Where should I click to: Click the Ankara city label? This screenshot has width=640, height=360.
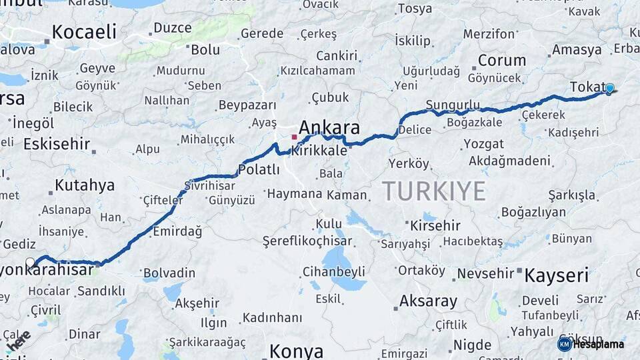(329, 127)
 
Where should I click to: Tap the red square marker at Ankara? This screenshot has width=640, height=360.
(294, 137)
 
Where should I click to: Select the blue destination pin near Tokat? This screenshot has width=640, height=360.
(609, 88)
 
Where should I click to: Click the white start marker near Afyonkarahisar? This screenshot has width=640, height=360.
(30, 262)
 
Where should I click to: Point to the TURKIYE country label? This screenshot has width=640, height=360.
(434, 192)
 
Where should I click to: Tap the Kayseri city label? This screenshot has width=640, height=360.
(557, 275)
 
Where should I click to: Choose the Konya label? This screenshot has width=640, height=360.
(296, 351)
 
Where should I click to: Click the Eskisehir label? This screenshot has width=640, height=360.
(57, 144)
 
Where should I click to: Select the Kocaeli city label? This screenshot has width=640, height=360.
(84, 32)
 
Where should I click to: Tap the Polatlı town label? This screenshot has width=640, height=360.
(259, 170)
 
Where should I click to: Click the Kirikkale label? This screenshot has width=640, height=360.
(319, 151)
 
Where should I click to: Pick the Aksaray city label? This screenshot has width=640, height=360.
(428, 301)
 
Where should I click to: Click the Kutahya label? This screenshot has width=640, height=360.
(85, 185)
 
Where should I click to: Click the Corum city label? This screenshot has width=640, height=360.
(501, 60)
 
